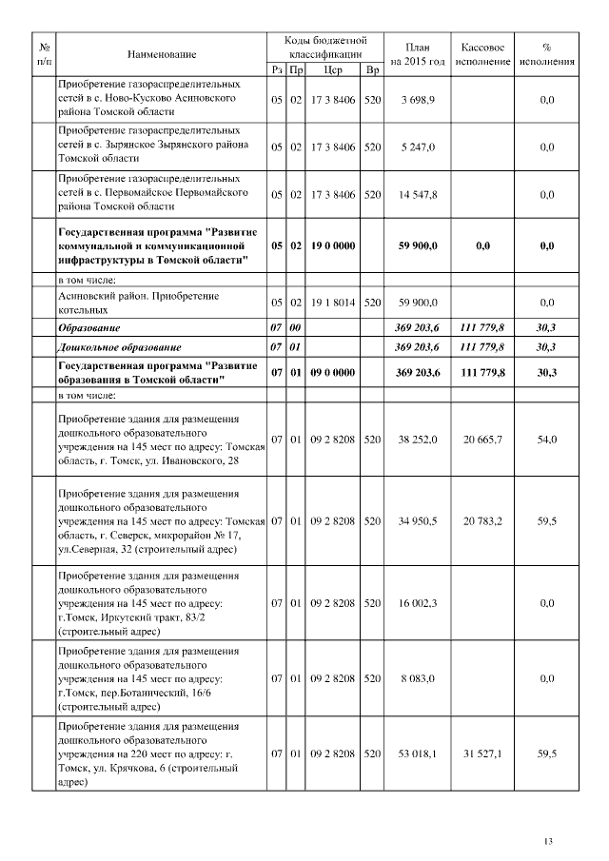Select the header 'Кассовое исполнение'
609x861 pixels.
pos(482,54)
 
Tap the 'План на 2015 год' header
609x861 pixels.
pos(418,54)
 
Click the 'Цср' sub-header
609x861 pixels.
pos(333,69)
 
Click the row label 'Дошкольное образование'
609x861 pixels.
pos(120,347)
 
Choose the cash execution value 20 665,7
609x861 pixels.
pos(482,440)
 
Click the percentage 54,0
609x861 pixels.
pos(546,440)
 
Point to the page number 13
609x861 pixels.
pos(547,840)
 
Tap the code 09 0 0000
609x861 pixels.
pos(333,373)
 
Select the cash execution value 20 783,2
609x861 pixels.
pos(482,521)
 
